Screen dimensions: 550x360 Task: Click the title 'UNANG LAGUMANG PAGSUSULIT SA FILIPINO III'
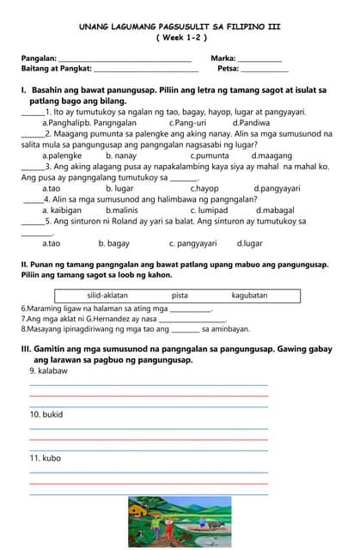click(x=180, y=27)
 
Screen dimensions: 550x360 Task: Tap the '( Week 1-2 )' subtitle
click(x=181, y=38)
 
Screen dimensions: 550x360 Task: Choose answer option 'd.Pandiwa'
click(x=251, y=123)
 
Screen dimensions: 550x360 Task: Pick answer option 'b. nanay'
click(x=121, y=156)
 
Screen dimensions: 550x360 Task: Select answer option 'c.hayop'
click(x=204, y=188)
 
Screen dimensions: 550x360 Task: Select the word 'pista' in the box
click(x=180, y=296)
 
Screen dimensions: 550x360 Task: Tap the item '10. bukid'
click(x=46, y=414)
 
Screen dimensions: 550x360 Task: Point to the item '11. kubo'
click(x=46, y=458)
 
